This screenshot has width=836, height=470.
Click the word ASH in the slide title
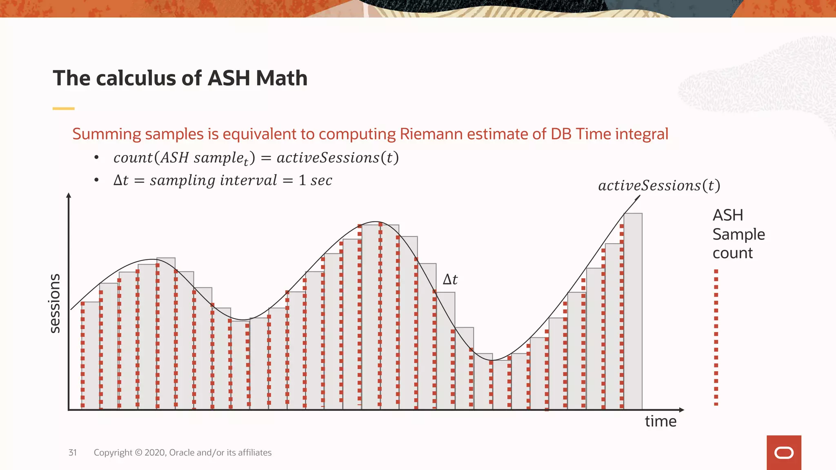click(229, 78)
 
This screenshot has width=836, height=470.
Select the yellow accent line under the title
click(63, 109)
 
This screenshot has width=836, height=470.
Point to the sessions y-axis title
click(54, 303)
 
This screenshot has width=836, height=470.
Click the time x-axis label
click(660, 421)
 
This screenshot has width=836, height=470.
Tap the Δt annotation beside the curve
click(450, 279)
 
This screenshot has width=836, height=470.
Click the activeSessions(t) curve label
click(659, 186)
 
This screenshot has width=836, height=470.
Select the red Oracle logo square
click(783, 452)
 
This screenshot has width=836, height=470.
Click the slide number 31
click(72, 452)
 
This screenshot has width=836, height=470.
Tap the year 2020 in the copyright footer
click(155, 452)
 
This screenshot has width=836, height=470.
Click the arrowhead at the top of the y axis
click(69, 195)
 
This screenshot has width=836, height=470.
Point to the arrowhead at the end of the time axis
click(681, 410)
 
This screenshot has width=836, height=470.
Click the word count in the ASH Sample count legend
click(732, 253)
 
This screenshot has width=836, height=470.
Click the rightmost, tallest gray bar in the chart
click(633, 310)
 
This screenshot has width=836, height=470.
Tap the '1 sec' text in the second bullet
click(315, 180)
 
